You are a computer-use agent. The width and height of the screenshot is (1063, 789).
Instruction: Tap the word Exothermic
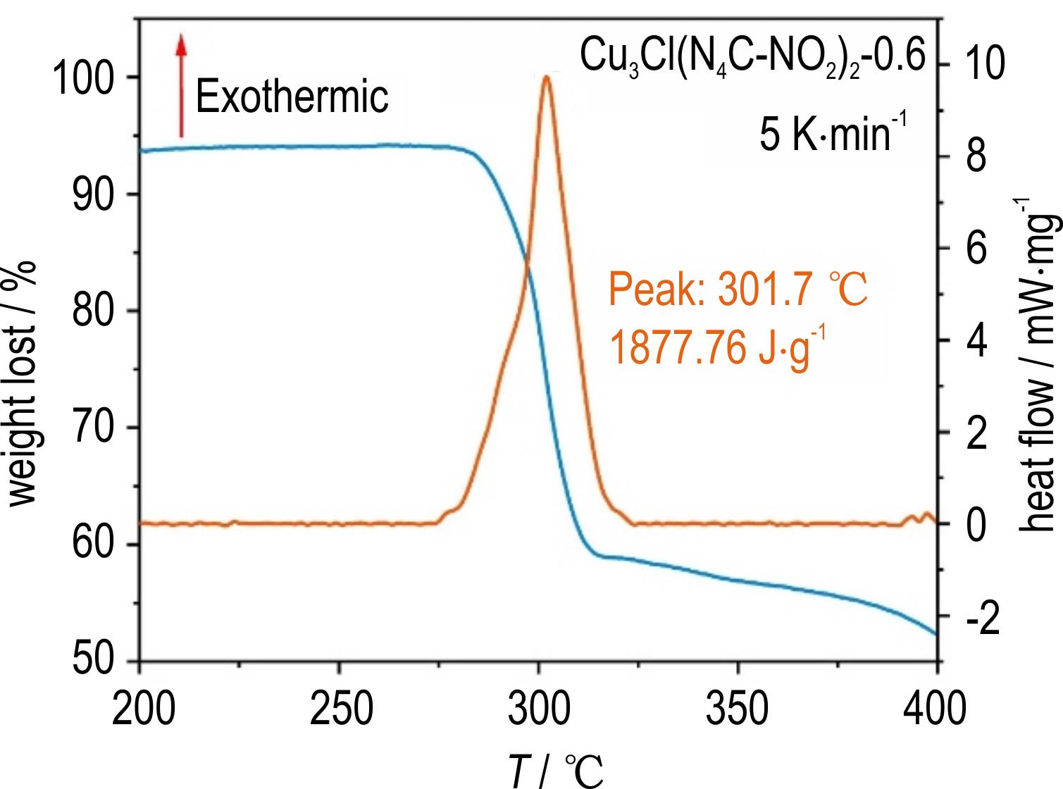[292, 97]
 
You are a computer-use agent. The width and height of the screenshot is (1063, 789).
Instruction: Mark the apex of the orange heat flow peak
[546, 76]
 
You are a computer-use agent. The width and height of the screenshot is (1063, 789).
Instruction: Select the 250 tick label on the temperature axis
[340, 708]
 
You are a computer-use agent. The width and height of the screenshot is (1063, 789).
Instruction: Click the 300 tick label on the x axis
[539, 708]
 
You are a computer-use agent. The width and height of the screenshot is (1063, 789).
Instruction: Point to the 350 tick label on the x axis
[738, 708]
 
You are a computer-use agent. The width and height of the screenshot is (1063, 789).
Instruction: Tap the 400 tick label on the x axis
[935, 708]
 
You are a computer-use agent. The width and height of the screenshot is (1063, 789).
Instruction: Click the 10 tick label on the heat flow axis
[984, 65]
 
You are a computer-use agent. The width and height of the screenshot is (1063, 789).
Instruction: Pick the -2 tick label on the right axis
[983, 618]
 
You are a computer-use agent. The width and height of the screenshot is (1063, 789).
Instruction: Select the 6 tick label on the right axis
[976, 249]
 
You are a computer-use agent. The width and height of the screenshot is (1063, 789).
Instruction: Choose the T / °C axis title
[557, 769]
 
